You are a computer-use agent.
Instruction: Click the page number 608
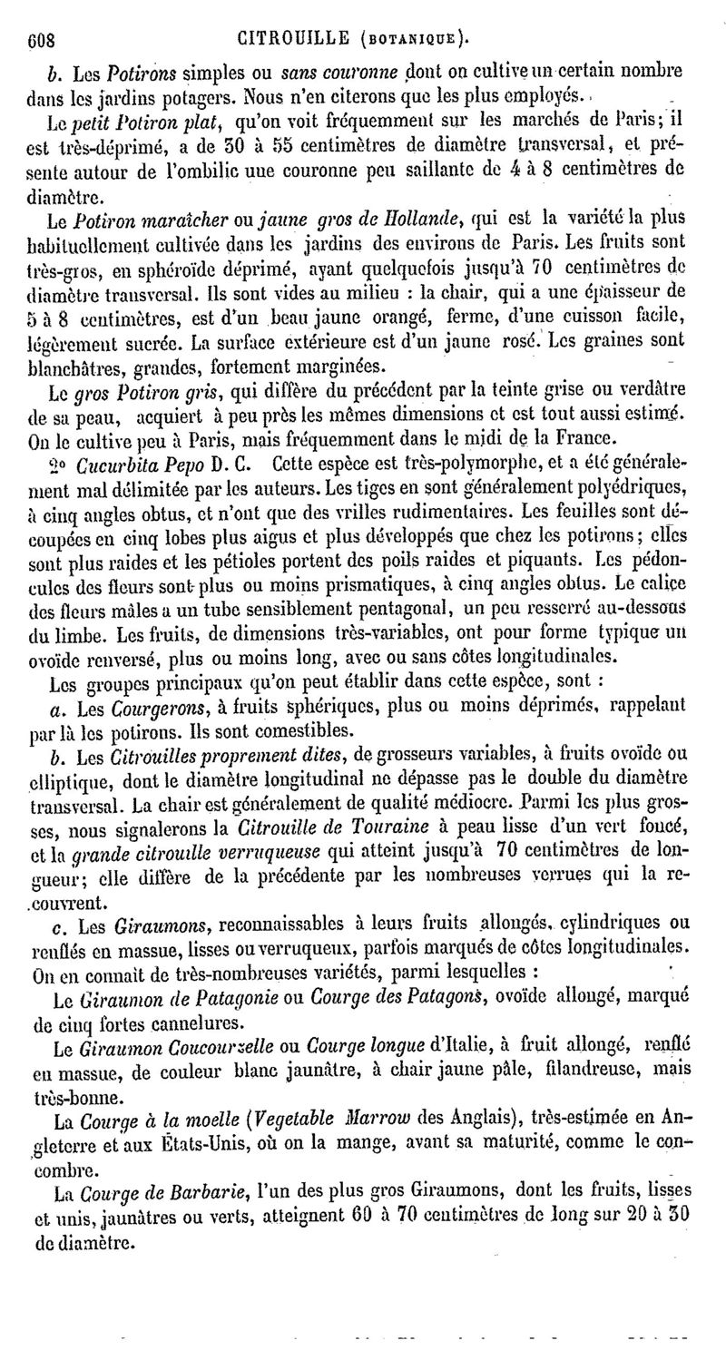[41, 39]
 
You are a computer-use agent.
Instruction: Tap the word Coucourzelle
[235, 1044]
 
